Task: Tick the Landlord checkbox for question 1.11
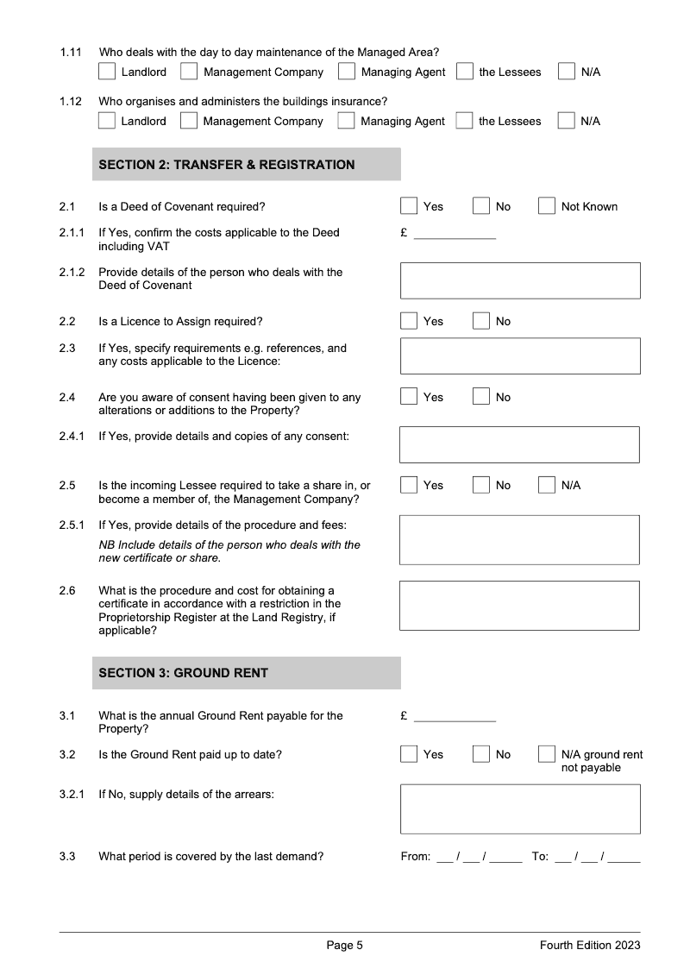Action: coord(107,72)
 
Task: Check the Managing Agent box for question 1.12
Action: coord(346,121)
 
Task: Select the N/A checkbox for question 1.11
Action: coord(567,72)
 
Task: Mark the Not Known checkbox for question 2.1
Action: coord(547,206)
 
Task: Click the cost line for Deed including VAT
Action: coord(455,234)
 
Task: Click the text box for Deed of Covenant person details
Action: coord(519,280)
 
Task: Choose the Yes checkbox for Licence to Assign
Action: coord(409,321)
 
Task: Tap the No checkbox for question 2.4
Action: coord(481,397)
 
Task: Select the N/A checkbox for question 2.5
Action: coord(547,485)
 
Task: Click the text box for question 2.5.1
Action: coord(519,540)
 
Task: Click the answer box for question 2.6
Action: coord(519,605)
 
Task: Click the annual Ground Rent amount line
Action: coord(455,717)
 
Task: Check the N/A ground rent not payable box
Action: coord(547,754)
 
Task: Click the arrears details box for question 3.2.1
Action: coord(519,808)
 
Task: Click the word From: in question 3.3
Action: coord(416,857)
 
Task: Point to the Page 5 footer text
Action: coord(344,946)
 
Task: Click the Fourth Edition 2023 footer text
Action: coord(590,946)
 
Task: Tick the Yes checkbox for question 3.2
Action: coord(409,754)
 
